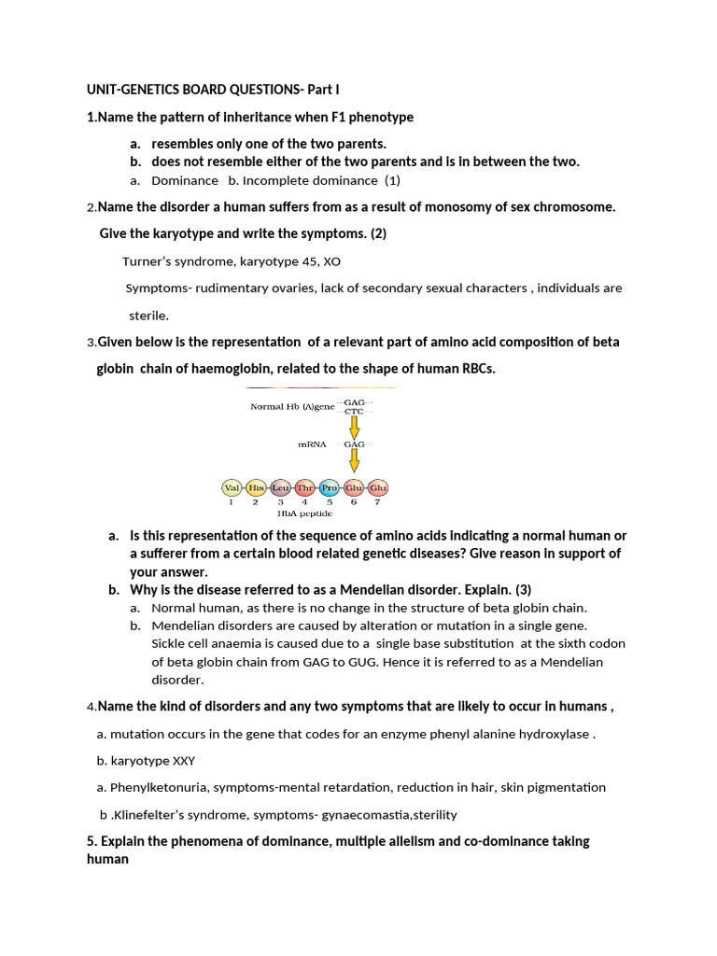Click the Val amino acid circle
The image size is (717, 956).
pos(232,487)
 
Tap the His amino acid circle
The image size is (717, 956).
pos(256,487)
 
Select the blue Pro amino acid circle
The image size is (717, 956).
pos(329,487)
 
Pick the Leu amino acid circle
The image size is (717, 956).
pos(280,487)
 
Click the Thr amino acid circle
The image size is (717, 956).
pos(304,487)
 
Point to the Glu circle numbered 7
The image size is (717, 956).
pos(377,487)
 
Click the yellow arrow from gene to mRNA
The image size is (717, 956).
pos(355,425)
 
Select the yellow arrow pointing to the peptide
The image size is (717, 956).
pos(355,460)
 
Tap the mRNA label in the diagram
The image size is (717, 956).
pos(312,444)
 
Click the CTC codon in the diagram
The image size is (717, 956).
pos(355,411)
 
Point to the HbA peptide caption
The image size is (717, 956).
pos(304,513)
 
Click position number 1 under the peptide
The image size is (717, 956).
pos(232,502)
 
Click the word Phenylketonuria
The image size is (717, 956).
pos(158,787)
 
